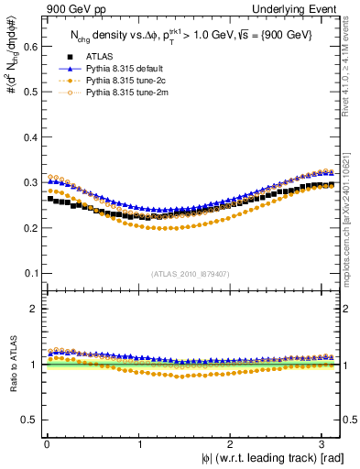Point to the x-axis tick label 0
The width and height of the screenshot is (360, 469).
(x=47, y=444)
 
